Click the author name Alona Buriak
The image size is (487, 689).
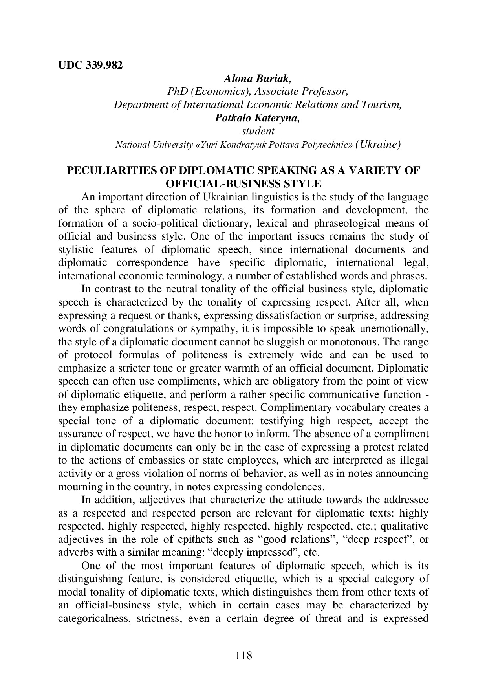(x=257, y=79)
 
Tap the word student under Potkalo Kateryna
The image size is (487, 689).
(x=257, y=131)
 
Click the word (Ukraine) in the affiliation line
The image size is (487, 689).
(x=377, y=145)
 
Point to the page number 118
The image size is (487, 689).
(x=243, y=655)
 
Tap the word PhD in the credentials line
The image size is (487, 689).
(x=177, y=92)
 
